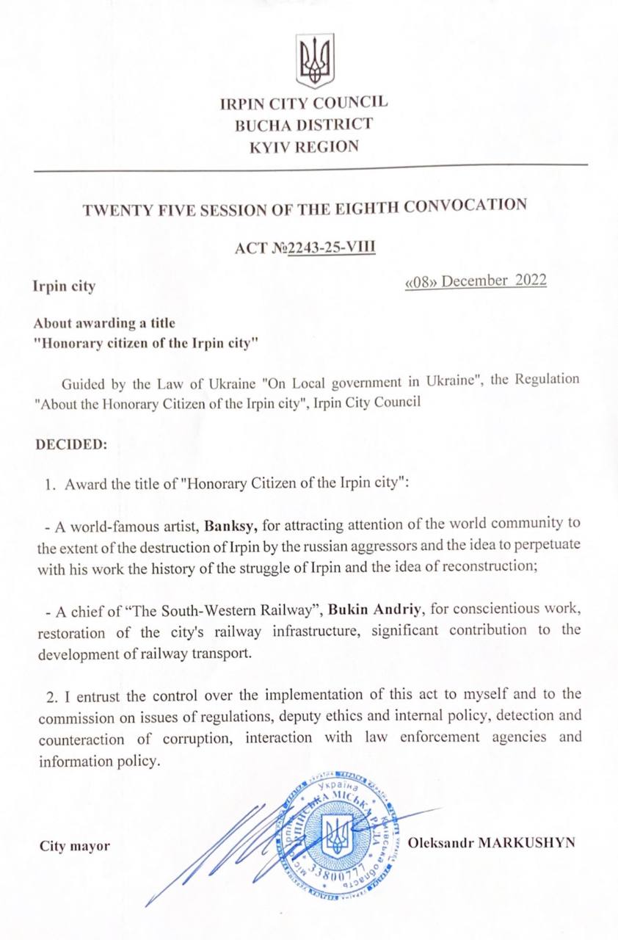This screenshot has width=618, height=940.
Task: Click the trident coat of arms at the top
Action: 315,61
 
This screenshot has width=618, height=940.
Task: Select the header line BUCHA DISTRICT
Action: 304,125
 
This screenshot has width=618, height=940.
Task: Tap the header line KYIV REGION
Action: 304,146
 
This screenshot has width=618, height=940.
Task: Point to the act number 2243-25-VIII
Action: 332,247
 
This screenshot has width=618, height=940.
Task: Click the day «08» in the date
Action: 421,282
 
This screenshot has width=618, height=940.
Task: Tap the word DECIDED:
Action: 70,445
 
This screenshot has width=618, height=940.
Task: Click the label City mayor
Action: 75,846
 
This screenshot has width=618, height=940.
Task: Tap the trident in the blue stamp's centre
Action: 338,836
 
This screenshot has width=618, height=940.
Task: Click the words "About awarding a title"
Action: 104,323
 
